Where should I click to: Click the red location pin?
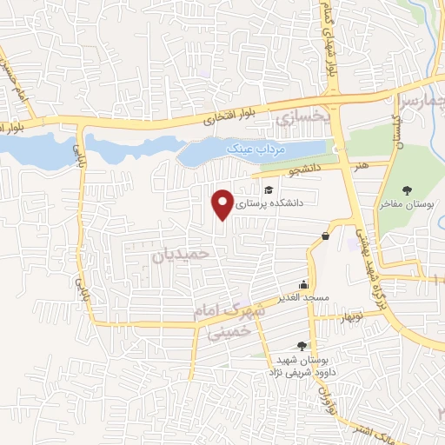coord(223,203)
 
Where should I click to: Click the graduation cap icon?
coord(269,189)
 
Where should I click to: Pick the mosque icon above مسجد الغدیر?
coord(303,284)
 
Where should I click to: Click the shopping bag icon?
coord(325,235)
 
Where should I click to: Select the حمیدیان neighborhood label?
coord(181,255)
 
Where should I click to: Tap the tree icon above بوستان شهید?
coord(302,346)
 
